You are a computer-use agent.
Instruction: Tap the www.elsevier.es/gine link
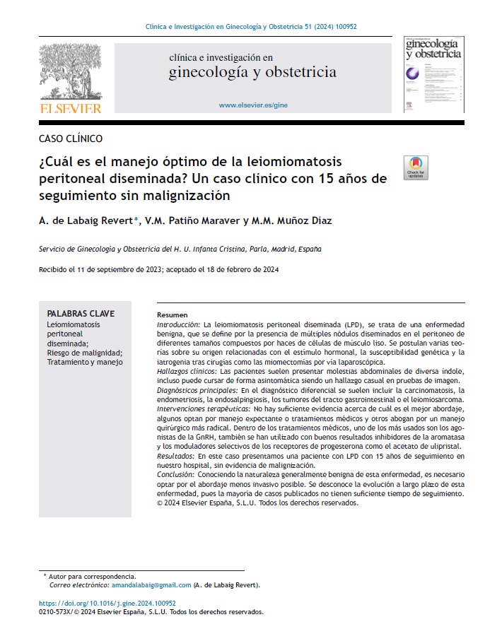point(253,105)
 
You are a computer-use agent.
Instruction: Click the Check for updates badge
point(415,168)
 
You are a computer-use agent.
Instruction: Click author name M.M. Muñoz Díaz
point(291,221)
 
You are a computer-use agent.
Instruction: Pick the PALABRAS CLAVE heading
point(81,314)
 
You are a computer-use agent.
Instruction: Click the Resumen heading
point(173,315)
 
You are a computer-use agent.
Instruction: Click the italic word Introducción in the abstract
point(178,323)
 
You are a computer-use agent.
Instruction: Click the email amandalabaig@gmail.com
point(151,584)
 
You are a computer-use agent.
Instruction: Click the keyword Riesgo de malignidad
point(85,353)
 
